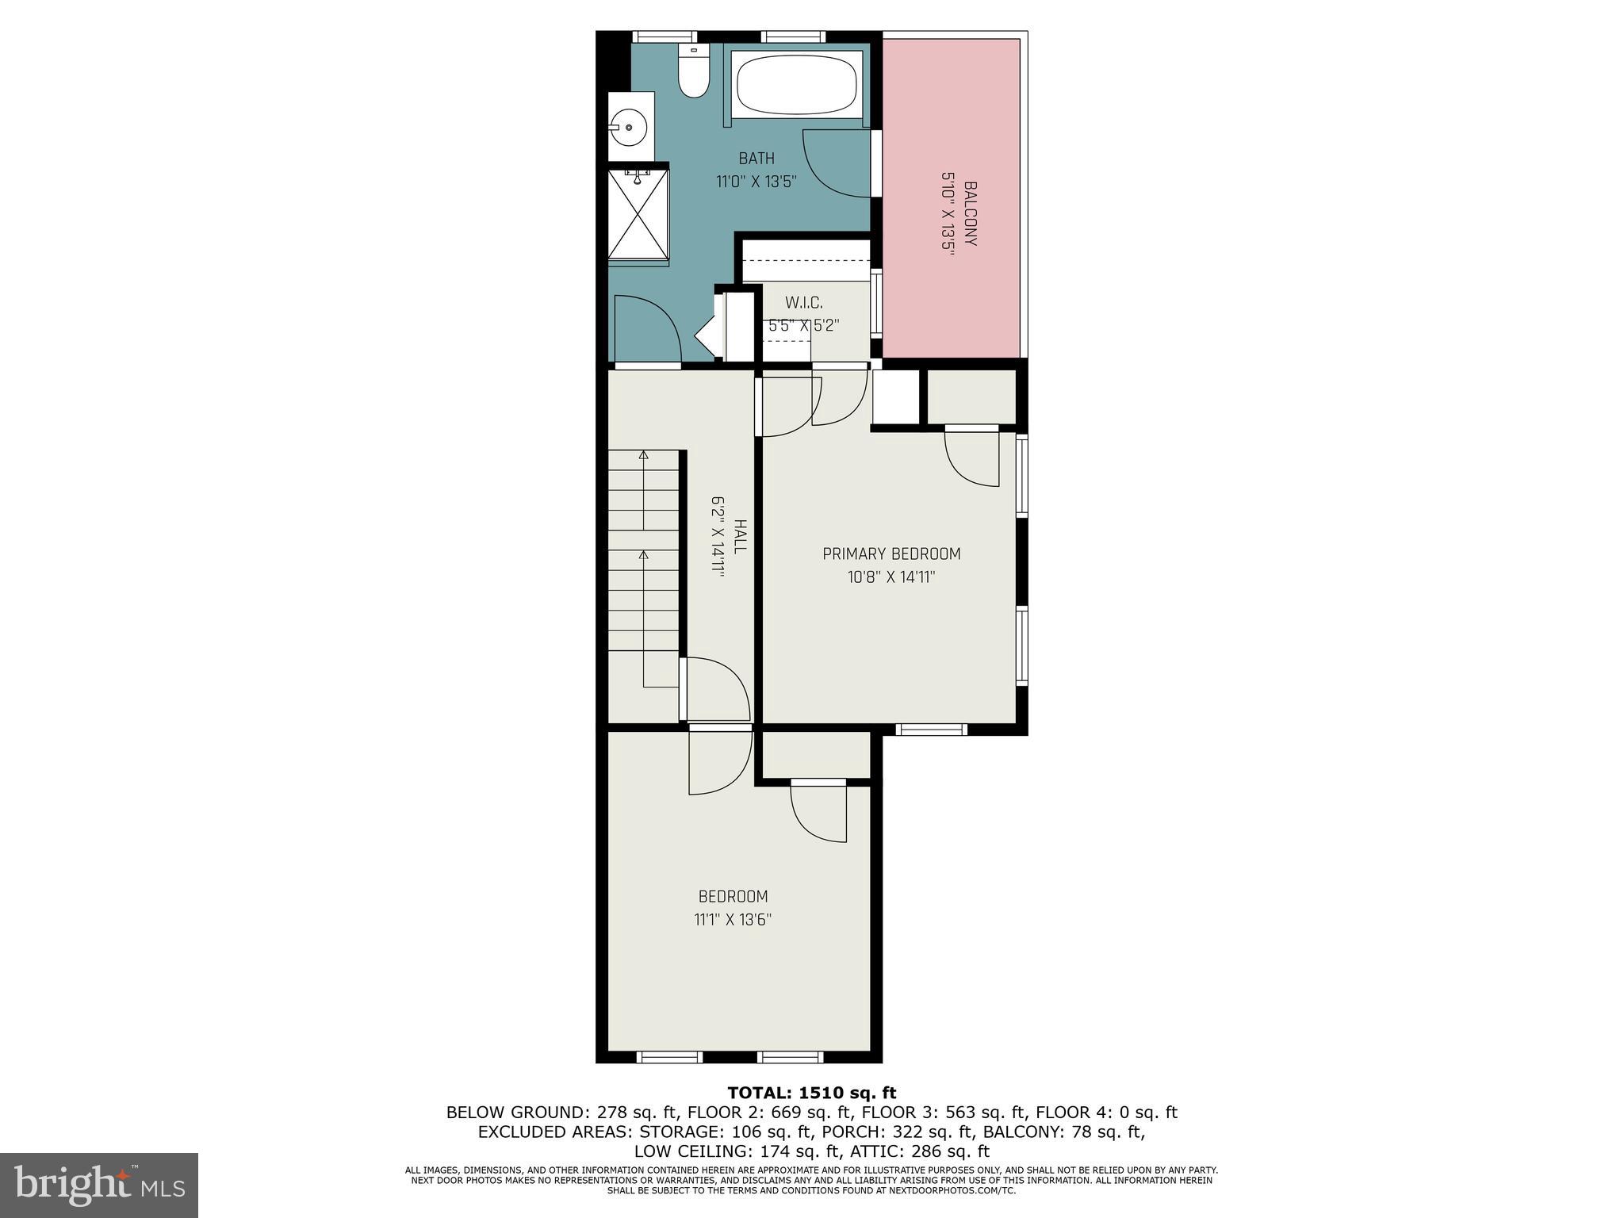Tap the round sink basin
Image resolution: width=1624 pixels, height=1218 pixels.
coord(630,127)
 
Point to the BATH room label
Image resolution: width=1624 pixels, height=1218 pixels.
coord(756,159)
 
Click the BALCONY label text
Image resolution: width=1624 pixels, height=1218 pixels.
coord(970,214)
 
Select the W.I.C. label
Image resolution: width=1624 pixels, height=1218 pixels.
coord(803,303)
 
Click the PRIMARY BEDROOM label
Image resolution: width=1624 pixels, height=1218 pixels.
coord(891,554)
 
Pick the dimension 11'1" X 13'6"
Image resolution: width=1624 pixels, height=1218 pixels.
coord(733,920)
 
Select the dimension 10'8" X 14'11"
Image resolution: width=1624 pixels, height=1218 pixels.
coord(891,577)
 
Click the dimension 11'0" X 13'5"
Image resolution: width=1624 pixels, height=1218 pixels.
coord(756,182)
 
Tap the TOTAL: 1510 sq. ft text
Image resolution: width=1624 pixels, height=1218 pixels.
coord(811,1094)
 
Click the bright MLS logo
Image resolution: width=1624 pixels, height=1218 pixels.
coord(99,1185)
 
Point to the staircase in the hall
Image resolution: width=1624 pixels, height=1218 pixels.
coord(644,555)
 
